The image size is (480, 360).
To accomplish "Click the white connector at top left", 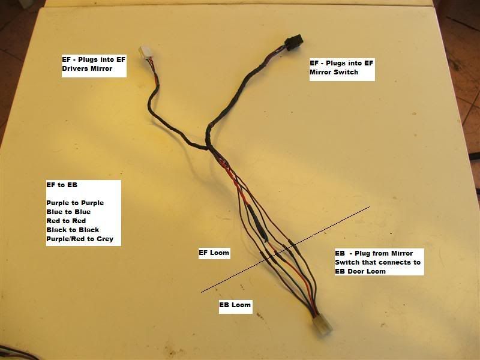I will [x=147, y=54].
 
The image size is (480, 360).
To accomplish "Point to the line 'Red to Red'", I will [x=65, y=221].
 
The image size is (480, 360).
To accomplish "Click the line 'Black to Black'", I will [x=73, y=230].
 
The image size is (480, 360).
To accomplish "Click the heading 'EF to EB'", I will [x=62, y=185].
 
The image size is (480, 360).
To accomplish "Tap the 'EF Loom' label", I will [x=214, y=253].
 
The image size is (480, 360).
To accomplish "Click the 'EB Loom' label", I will [x=235, y=305].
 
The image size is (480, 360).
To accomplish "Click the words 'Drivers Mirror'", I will [x=86, y=69].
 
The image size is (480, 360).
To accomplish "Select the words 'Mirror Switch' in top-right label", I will [x=334, y=72].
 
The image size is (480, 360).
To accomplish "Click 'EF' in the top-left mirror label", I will [x=67, y=59].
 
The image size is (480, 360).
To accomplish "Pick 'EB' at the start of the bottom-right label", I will [x=340, y=253].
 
